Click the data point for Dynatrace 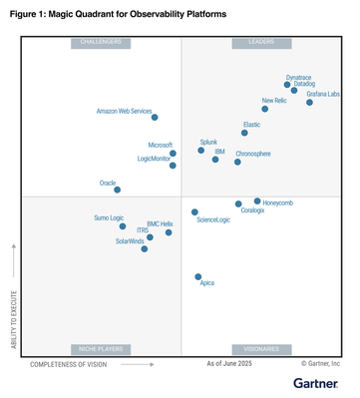[288, 85]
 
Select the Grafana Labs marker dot [309, 102]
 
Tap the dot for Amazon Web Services [154, 118]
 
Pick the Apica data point [197, 276]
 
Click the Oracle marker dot [117, 190]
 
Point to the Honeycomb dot [257, 201]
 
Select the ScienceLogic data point [194, 212]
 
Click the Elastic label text [251, 125]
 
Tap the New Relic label [274, 101]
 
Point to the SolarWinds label [130, 241]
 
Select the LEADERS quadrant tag [260, 43]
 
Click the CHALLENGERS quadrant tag [100, 43]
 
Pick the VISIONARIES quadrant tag [260, 349]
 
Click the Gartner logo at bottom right [319, 383]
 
